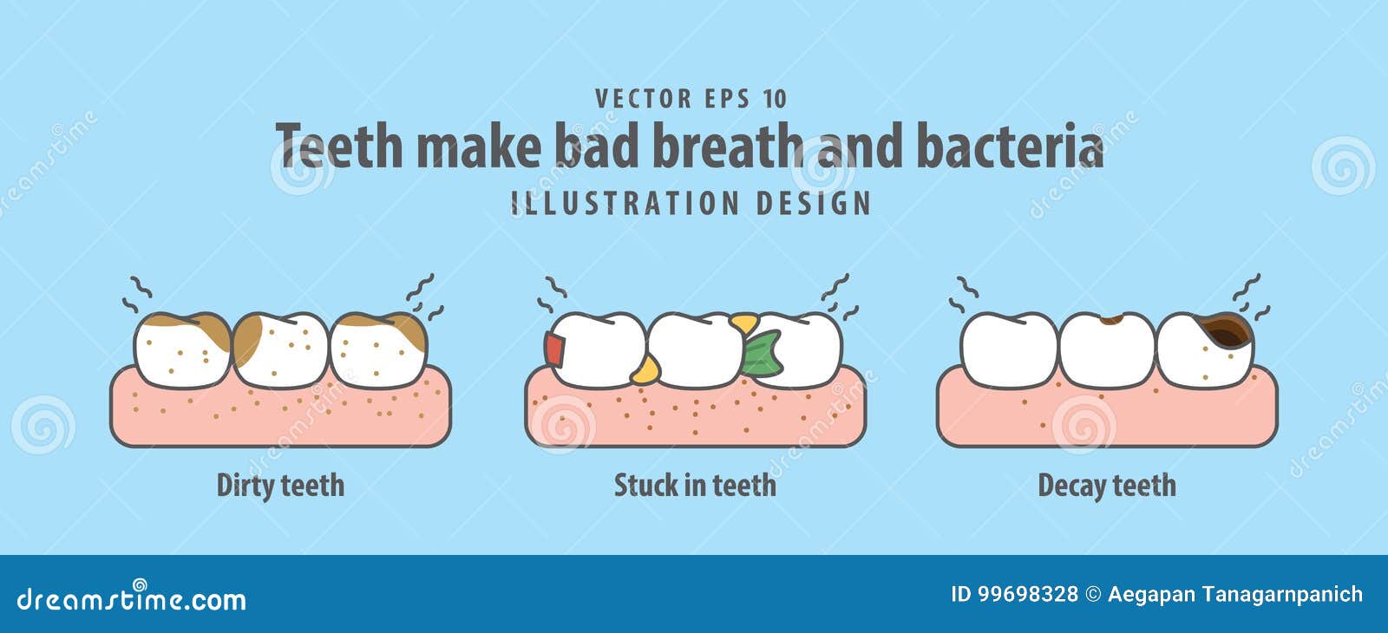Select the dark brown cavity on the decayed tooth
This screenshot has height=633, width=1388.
pos(1228,330)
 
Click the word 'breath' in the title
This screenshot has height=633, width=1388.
pos(727,146)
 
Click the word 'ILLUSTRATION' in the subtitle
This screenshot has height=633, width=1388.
pos(625,204)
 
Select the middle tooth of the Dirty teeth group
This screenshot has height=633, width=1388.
pos(280,349)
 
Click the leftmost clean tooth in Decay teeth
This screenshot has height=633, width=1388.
pos(1009,349)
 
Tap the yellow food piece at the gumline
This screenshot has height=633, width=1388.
pos(644,371)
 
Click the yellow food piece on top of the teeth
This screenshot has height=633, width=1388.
pos(743,323)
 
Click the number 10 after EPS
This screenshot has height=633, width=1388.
pos(775,99)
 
